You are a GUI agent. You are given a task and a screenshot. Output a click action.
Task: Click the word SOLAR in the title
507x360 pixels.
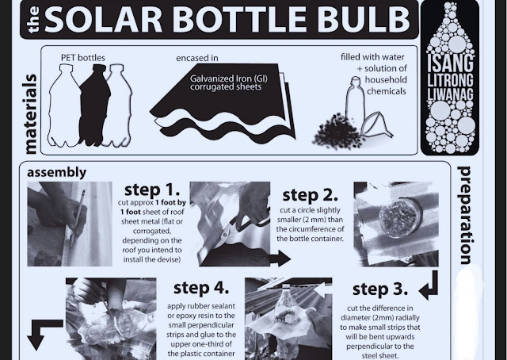103,19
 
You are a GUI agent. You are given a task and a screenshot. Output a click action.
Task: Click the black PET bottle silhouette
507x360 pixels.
94,105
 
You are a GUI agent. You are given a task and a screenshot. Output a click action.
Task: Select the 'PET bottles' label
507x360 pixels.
83,58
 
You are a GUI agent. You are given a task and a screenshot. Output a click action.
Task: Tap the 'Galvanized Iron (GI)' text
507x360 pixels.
229,79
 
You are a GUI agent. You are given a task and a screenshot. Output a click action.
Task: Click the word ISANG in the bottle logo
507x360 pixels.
450,64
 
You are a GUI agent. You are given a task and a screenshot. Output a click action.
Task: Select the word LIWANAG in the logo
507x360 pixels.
450,94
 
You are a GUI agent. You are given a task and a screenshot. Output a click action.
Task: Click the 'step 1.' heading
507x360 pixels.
152,190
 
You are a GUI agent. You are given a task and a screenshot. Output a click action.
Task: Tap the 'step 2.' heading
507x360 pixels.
310,195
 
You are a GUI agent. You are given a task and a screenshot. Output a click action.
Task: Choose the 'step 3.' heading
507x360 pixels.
380,289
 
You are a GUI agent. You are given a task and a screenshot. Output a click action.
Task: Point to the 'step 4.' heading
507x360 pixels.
201,288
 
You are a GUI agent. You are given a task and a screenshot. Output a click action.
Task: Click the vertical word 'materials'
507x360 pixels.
30,114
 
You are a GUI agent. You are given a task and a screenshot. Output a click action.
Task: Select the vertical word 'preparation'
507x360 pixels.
466,215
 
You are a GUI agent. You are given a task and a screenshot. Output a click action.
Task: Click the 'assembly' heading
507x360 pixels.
56,173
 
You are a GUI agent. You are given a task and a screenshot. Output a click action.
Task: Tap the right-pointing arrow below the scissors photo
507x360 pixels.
280,259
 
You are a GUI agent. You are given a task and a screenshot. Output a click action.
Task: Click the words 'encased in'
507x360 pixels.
197,58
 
